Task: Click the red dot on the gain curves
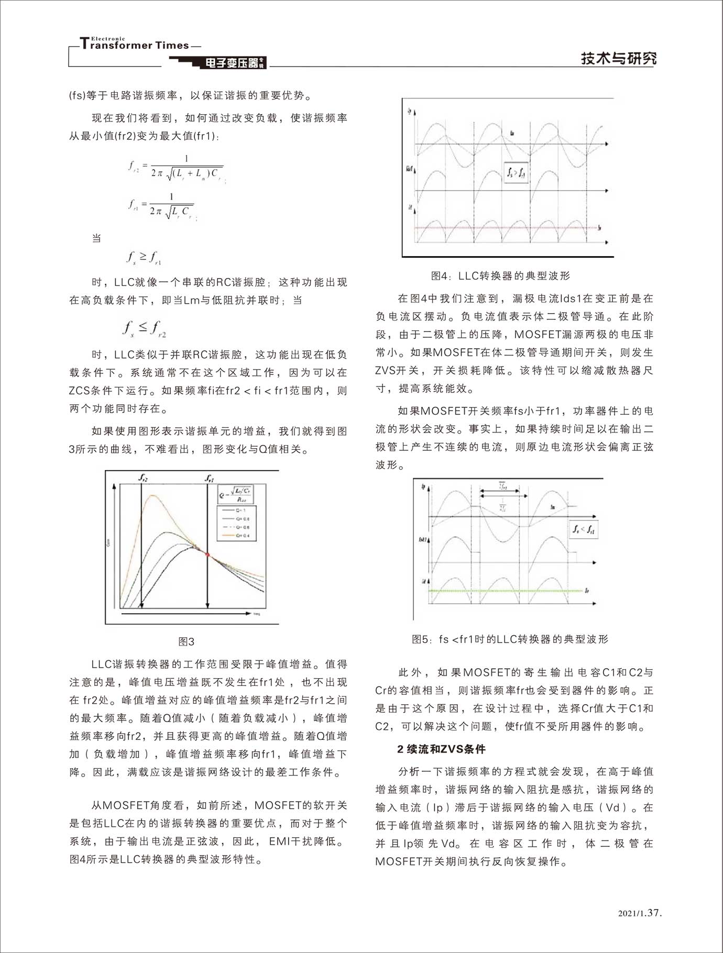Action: coord(207,554)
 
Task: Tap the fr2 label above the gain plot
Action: coord(143,478)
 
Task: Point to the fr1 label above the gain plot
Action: coord(209,478)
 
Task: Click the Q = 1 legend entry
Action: coord(236,509)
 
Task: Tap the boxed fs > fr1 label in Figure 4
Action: coord(516,172)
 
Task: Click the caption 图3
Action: coord(187,641)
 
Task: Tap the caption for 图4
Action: coord(500,275)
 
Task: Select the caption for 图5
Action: coord(510,639)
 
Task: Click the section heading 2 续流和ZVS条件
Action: coord(441,749)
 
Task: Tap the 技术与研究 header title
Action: coord(618,58)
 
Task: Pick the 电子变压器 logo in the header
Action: coord(233,63)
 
